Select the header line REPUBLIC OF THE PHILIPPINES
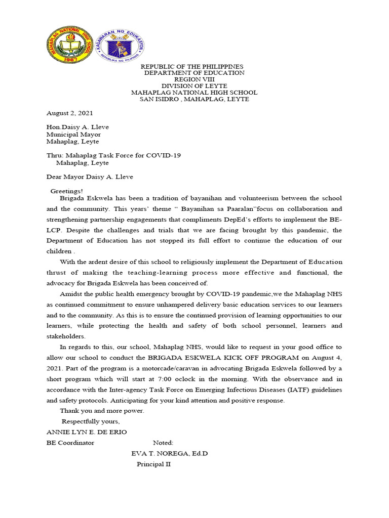click(192, 67)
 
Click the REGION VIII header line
click(194, 80)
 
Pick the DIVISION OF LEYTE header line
click(194, 86)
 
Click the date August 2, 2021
click(69, 113)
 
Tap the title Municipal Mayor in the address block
click(73, 135)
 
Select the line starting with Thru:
click(113, 155)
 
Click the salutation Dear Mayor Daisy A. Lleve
click(90, 177)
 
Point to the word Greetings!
click(67, 191)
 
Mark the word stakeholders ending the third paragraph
click(66, 336)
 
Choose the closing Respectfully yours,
click(91, 421)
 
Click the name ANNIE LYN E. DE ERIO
click(87, 432)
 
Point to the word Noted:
click(163, 443)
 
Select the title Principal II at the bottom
click(154, 464)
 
